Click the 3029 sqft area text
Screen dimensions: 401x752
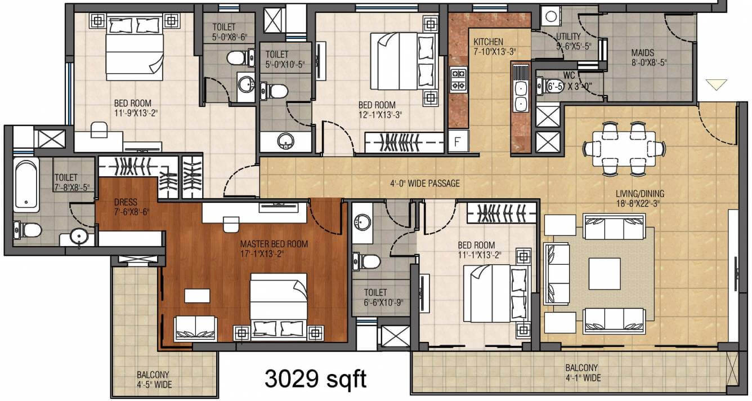coord(315,379)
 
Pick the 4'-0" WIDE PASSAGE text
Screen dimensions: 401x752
coord(425,183)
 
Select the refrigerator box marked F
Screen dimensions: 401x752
coord(458,141)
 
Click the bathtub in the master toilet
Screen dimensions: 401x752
coord(26,184)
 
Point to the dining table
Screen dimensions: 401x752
coord(623,148)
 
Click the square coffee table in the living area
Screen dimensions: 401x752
coord(605,274)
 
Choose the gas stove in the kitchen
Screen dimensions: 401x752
coord(458,79)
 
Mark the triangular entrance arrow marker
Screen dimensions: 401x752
coord(716,84)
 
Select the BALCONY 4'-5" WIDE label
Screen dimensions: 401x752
coord(153,380)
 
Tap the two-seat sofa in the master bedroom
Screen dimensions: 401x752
coord(195,328)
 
